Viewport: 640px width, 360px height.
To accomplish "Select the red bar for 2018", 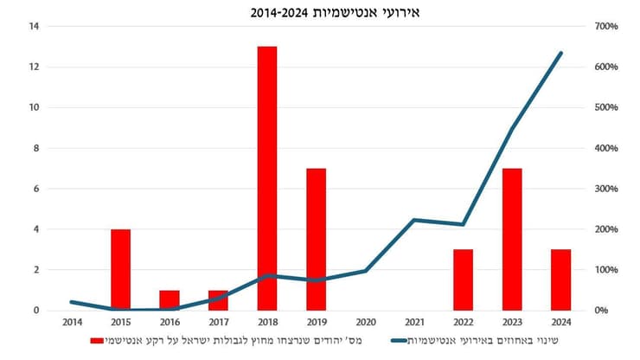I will (267, 177).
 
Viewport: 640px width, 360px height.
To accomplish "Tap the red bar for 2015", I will (120, 269).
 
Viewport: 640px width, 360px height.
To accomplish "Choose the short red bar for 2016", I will (170, 299).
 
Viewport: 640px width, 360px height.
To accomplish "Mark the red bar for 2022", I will (463, 280).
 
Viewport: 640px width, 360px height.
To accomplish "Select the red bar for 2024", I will (560, 280).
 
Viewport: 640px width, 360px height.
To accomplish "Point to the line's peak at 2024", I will (560, 53).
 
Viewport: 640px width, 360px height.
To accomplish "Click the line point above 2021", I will (414, 220).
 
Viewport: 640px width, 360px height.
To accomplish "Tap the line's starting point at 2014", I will (72, 302).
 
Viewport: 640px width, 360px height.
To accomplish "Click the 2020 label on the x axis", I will (365, 322).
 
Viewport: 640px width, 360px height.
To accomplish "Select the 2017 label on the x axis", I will (218, 322).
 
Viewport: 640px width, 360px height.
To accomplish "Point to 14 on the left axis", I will (35, 27).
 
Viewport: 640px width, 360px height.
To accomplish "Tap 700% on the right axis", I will (602, 27).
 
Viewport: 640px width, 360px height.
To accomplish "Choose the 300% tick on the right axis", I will (602, 189).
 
